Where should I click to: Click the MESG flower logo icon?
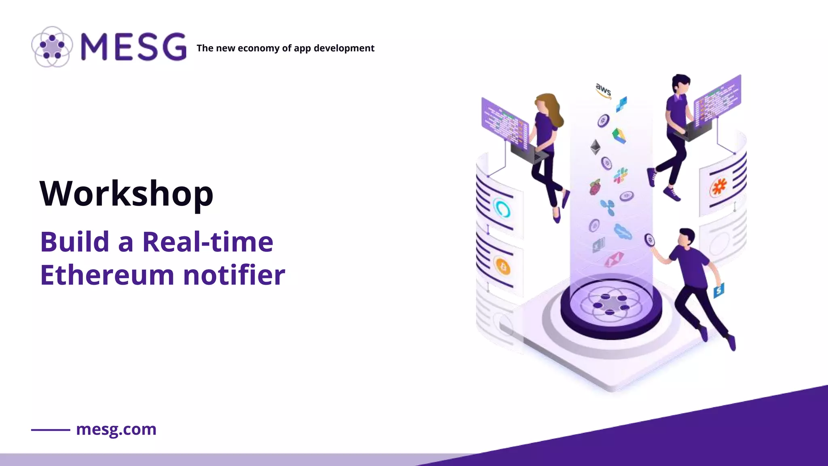click(x=52, y=47)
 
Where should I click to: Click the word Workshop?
click(x=126, y=194)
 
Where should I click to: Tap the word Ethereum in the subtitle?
click(x=107, y=275)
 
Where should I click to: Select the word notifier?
click(x=234, y=275)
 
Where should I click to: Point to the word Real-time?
click(x=208, y=242)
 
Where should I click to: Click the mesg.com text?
click(x=116, y=429)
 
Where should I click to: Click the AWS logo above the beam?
click(x=603, y=90)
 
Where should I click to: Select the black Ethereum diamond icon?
click(x=595, y=147)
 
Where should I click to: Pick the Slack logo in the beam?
click(x=620, y=176)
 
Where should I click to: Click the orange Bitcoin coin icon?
click(x=503, y=267)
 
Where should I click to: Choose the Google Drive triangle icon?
click(x=619, y=136)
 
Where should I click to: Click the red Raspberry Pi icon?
click(x=594, y=187)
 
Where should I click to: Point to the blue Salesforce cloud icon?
click(x=623, y=232)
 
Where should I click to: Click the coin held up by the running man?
click(x=649, y=240)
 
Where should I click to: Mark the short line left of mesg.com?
click(x=51, y=430)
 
